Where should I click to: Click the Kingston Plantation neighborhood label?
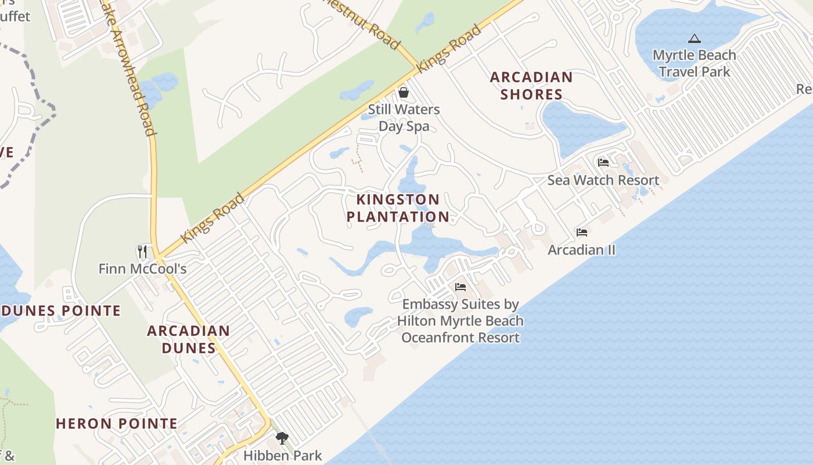click(398, 208)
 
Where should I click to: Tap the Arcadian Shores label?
click(531, 85)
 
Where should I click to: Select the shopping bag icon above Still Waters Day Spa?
click(404, 92)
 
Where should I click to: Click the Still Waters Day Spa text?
click(404, 117)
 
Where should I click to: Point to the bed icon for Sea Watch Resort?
click(603, 162)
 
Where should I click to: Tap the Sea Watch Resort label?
click(603, 180)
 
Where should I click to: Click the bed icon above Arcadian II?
click(582, 233)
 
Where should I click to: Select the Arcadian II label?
click(582, 250)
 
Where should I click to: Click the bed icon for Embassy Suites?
click(461, 287)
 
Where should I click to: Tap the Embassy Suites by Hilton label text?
click(461, 321)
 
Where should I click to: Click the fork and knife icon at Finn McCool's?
click(142, 251)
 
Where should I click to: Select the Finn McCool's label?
click(142, 269)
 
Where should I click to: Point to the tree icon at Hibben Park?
click(282, 438)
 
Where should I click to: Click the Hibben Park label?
click(282, 455)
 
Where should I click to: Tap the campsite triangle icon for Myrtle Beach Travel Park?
click(694, 39)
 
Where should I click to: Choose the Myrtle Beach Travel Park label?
click(695, 63)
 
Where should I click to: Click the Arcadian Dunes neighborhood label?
click(188, 339)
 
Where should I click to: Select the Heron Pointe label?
click(117, 424)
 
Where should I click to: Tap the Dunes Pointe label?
click(61, 311)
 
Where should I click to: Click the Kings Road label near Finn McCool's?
click(213, 219)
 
